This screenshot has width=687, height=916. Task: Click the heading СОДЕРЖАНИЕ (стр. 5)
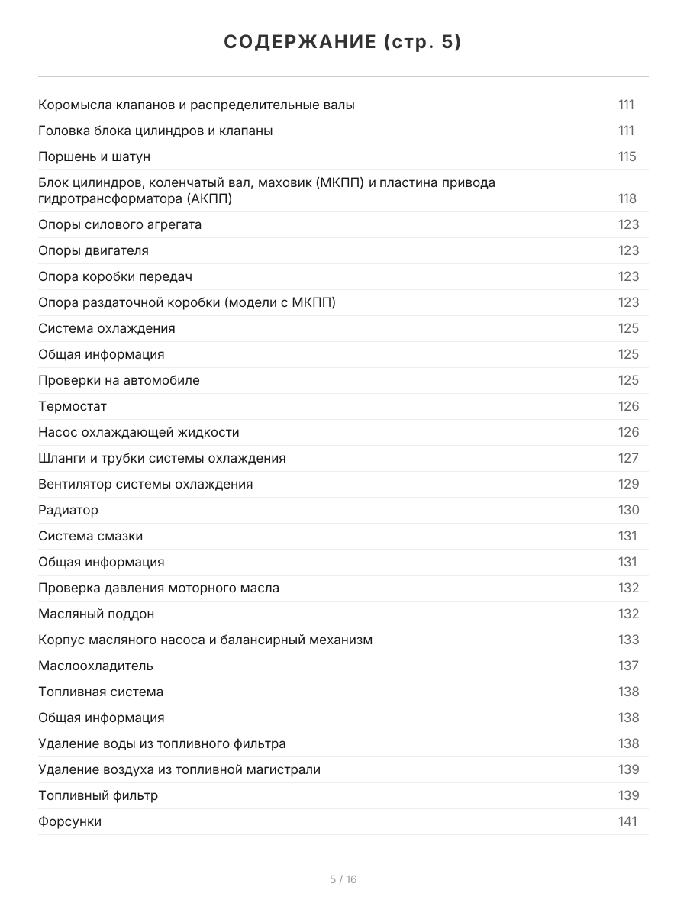(343, 43)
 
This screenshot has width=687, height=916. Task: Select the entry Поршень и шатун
(95, 156)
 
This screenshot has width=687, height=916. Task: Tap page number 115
(627, 156)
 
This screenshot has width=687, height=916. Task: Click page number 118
(627, 198)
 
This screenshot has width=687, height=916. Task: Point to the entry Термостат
(73, 406)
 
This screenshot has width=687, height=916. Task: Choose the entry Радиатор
(69, 510)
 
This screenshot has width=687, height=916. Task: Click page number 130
(628, 510)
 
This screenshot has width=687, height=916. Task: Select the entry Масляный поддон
(96, 614)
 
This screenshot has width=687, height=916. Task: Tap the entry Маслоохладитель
(96, 666)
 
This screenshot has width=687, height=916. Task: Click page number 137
(628, 666)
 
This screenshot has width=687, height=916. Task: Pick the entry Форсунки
(70, 821)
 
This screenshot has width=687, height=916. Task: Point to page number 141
(627, 821)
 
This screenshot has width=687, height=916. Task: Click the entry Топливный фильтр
(98, 795)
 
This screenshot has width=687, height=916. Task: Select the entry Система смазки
(91, 536)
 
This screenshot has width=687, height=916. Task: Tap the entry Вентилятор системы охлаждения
(146, 484)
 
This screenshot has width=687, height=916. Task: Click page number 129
(628, 484)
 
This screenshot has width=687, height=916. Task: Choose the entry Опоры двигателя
(94, 250)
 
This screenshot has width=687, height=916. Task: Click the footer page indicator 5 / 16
(343, 879)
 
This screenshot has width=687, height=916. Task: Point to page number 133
(628, 640)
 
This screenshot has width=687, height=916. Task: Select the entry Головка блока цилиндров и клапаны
(156, 131)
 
